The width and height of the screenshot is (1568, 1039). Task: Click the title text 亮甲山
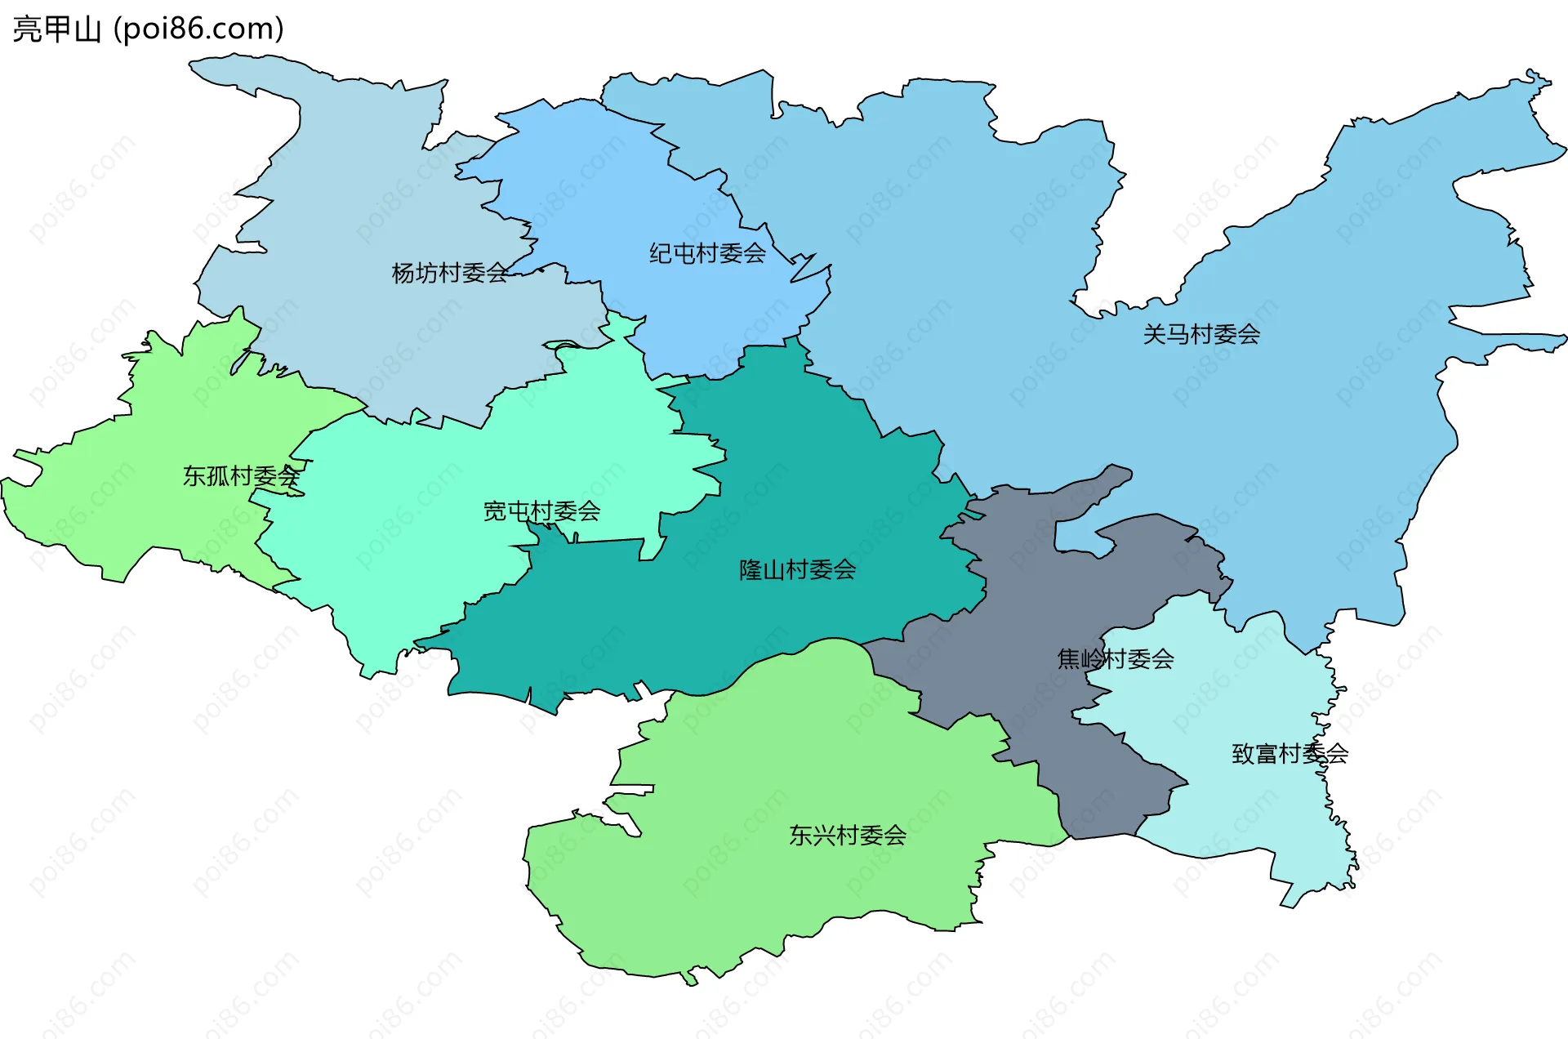[x=57, y=29]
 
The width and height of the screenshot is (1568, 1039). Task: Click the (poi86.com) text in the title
[x=198, y=29]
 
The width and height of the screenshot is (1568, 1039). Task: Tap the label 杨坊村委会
[x=450, y=273]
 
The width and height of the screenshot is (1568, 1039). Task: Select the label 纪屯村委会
[x=707, y=253]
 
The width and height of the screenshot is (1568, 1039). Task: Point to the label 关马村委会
[x=1201, y=334]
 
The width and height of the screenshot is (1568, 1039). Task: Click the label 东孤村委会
[x=241, y=476]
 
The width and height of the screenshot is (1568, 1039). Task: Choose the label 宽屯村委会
[x=541, y=511]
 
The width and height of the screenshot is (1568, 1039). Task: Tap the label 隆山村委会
[x=797, y=569]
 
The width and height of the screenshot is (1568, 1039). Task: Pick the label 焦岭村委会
[x=1116, y=658]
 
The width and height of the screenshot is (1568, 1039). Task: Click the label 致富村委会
[x=1290, y=753]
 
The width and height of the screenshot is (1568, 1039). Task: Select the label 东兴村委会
[x=848, y=835]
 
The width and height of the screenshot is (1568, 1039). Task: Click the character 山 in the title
[x=87, y=29]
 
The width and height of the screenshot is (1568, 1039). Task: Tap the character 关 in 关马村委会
[x=1155, y=334]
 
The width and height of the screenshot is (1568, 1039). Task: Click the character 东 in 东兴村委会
[x=801, y=835]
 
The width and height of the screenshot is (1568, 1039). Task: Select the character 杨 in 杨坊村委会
[x=403, y=273]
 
